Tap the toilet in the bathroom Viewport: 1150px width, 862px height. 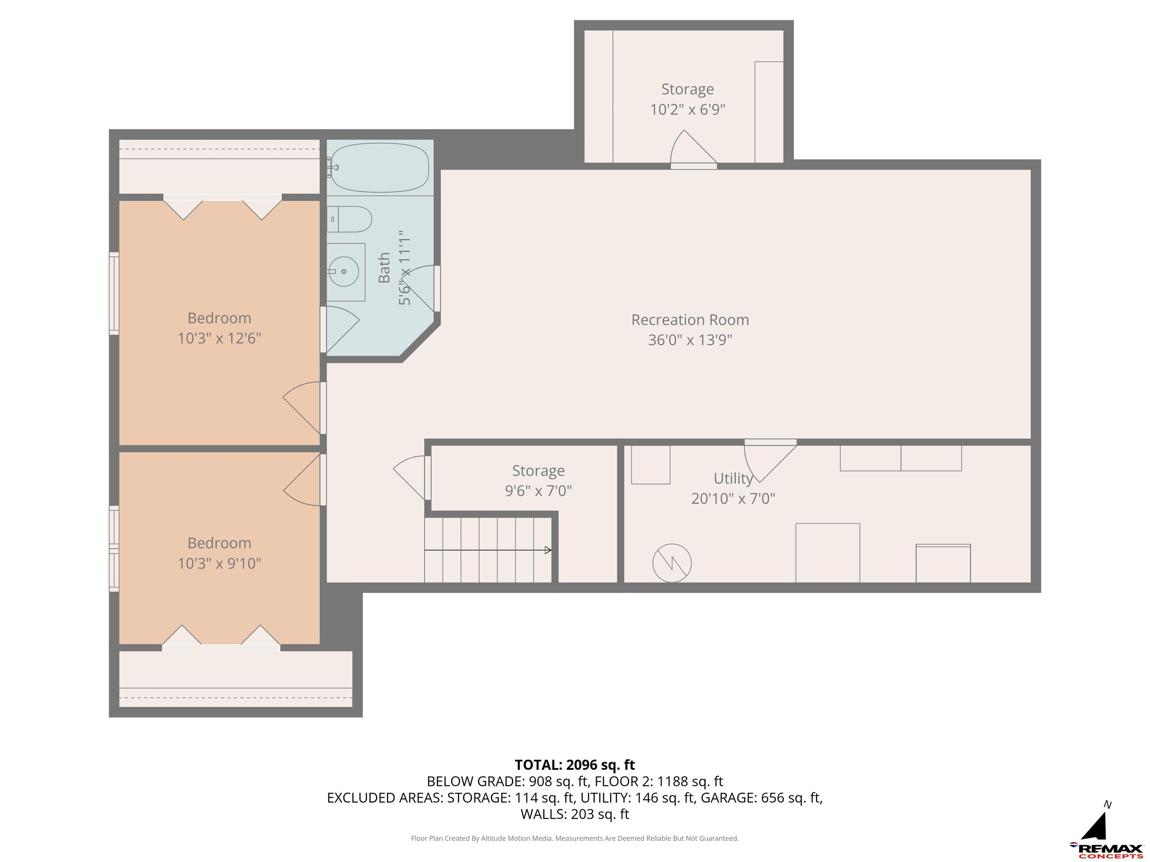tap(349, 219)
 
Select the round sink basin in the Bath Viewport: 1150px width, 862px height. tap(344, 271)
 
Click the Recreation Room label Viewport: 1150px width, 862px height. tap(690, 320)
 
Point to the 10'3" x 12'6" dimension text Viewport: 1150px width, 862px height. tap(219, 338)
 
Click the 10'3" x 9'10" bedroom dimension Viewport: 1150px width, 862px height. tap(219, 563)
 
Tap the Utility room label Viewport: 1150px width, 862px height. tap(733, 478)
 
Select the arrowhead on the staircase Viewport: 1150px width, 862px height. tap(548, 550)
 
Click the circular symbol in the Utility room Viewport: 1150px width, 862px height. tap(672, 563)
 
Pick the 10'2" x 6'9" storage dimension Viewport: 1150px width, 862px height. tap(687, 110)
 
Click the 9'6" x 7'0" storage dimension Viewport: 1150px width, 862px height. tap(538, 490)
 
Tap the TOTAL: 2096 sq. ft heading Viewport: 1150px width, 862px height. tap(575, 765)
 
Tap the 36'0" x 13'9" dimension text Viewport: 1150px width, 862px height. tap(690, 340)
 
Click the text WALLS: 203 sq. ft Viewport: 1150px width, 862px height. tap(575, 814)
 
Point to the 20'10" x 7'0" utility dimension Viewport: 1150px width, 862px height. tap(733, 499)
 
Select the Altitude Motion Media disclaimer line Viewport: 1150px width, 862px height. tap(575, 838)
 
